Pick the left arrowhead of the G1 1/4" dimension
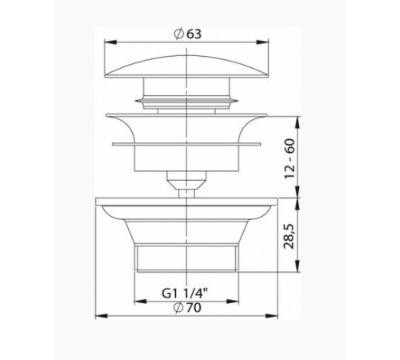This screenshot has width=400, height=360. pos(138,301)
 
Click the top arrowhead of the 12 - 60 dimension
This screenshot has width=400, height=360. pos(298,120)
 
